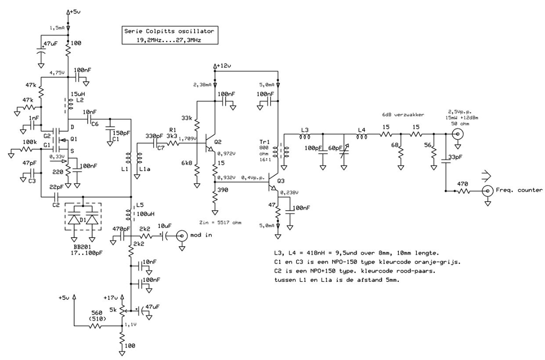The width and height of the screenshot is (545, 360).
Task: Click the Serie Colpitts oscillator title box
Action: click(x=170, y=35)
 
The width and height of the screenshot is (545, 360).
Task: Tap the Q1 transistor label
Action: click(x=74, y=139)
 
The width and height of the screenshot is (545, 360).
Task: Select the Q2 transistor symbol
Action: click(x=209, y=143)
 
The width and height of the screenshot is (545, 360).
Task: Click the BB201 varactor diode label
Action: click(x=82, y=247)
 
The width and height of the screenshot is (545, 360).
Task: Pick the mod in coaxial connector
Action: click(x=182, y=235)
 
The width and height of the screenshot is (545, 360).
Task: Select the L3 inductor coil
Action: click(x=305, y=137)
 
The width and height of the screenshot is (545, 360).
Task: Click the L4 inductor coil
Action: click(x=362, y=137)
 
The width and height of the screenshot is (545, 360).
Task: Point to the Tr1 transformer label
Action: click(x=264, y=142)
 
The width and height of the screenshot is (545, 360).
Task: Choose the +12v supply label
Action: click(x=224, y=66)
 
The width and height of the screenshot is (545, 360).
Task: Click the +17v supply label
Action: click(x=111, y=298)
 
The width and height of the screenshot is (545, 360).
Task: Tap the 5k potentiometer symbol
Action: click(x=122, y=311)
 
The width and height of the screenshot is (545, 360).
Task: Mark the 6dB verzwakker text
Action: click(x=403, y=115)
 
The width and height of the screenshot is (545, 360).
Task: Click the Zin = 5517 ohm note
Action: click(x=220, y=222)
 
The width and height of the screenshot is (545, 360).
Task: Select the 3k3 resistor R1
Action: click(x=173, y=144)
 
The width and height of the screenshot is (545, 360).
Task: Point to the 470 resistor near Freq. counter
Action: click(x=463, y=191)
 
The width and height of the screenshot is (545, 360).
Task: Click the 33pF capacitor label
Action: click(x=455, y=157)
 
